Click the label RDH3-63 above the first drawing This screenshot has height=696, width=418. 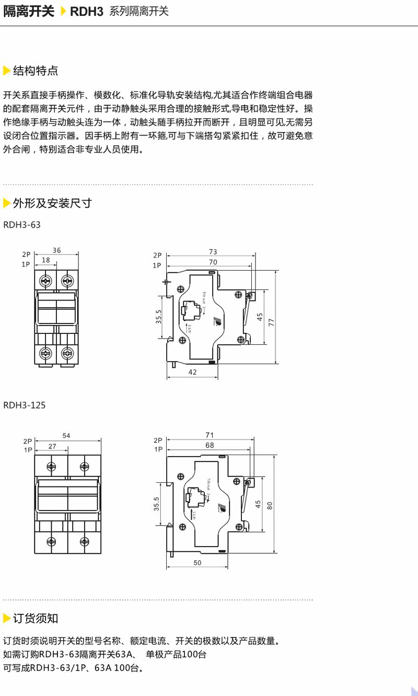pyautogui.click(x=21, y=225)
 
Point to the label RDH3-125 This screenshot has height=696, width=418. pyautogui.click(x=24, y=405)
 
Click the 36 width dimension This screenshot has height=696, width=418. pyautogui.click(x=56, y=250)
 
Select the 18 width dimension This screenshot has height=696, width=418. pyautogui.click(x=46, y=260)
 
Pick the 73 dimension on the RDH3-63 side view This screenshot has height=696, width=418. pyautogui.click(x=213, y=251)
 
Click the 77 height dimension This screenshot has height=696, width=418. pyautogui.click(x=271, y=323)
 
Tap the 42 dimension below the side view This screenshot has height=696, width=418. pyautogui.click(x=192, y=372)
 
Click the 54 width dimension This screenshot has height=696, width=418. pyautogui.click(x=66, y=435)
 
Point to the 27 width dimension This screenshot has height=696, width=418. pyautogui.click(x=52, y=446)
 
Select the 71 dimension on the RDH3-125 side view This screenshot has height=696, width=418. pyautogui.click(x=210, y=435)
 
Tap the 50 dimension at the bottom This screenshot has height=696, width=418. pyautogui.click(x=198, y=562)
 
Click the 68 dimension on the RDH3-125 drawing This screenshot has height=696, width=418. pyautogui.click(x=210, y=445)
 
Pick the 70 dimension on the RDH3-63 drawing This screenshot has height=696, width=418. pyautogui.click(x=213, y=262)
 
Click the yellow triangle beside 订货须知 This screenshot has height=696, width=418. pyautogui.click(x=7, y=619)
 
